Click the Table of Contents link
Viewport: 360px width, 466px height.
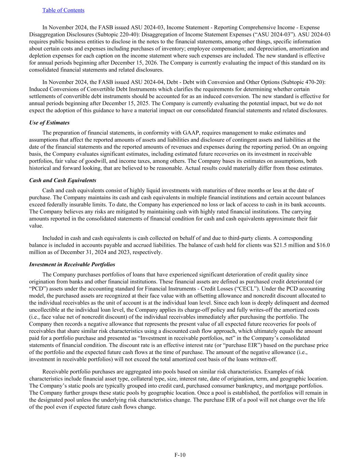pyautogui.click(x=63, y=10)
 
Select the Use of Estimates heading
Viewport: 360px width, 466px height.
pyautogui.click(x=49, y=123)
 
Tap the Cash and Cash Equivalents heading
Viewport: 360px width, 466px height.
pyautogui.click(x=62, y=180)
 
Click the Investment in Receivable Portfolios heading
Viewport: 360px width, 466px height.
pyautogui.click(x=72, y=265)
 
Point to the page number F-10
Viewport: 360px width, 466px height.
pyautogui.click(x=180, y=455)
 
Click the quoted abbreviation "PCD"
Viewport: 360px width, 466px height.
pyautogui.click(x=37, y=288)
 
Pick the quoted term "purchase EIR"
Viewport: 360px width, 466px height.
pyautogui.click(x=251, y=345)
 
